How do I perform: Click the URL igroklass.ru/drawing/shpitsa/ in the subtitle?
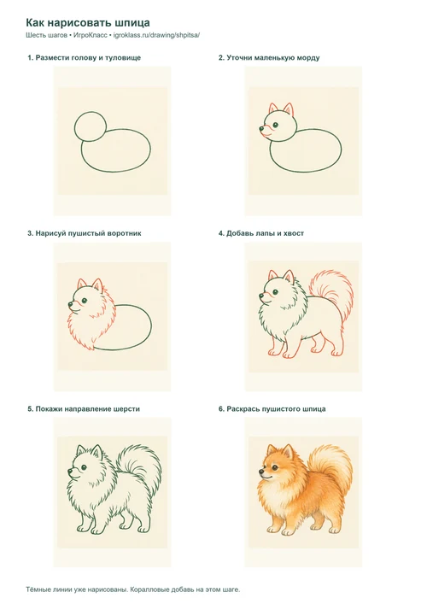click(x=156, y=35)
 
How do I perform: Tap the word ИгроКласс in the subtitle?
click(x=91, y=35)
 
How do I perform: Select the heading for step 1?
click(x=84, y=58)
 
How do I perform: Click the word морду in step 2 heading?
click(x=308, y=58)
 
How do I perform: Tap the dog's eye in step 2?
click(x=275, y=125)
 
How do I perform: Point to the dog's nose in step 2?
click(x=261, y=129)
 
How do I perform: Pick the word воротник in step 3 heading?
click(x=125, y=233)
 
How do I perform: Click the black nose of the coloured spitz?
click(x=261, y=472)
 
